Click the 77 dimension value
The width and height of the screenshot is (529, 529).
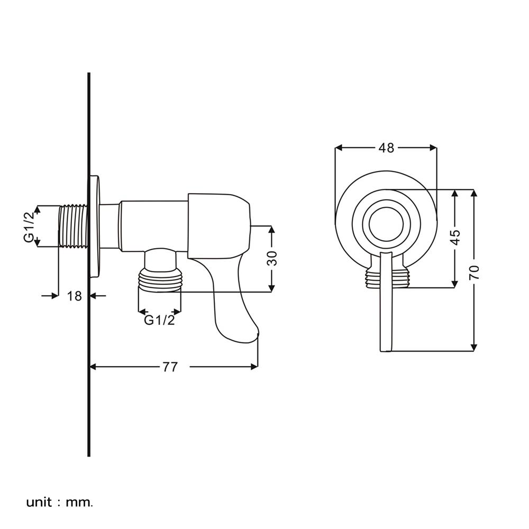click(x=170, y=367)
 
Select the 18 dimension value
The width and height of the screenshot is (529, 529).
click(x=75, y=296)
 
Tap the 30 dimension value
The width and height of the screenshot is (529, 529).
click(x=272, y=259)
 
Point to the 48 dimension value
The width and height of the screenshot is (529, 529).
click(x=386, y=148)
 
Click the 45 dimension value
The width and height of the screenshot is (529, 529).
click(x=455, y=238)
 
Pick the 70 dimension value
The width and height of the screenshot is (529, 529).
click(x=474, y=272)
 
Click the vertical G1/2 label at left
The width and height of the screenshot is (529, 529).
click(x=29, y=227)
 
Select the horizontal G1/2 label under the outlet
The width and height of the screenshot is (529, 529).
click(x=160, y=320)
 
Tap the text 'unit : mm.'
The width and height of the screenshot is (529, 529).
click(x=59, y=503)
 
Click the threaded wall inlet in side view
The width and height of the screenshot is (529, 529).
click(x=73, y=226)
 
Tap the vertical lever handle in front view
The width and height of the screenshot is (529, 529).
click(x=385, y=302)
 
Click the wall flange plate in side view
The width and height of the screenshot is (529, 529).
click(x=95, y=227)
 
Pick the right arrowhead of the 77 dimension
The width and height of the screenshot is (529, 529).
click(x=254, y=367)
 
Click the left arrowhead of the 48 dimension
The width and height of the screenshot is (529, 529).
click(x=339, y=148)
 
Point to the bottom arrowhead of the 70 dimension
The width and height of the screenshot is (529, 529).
click(x=474, y=348)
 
